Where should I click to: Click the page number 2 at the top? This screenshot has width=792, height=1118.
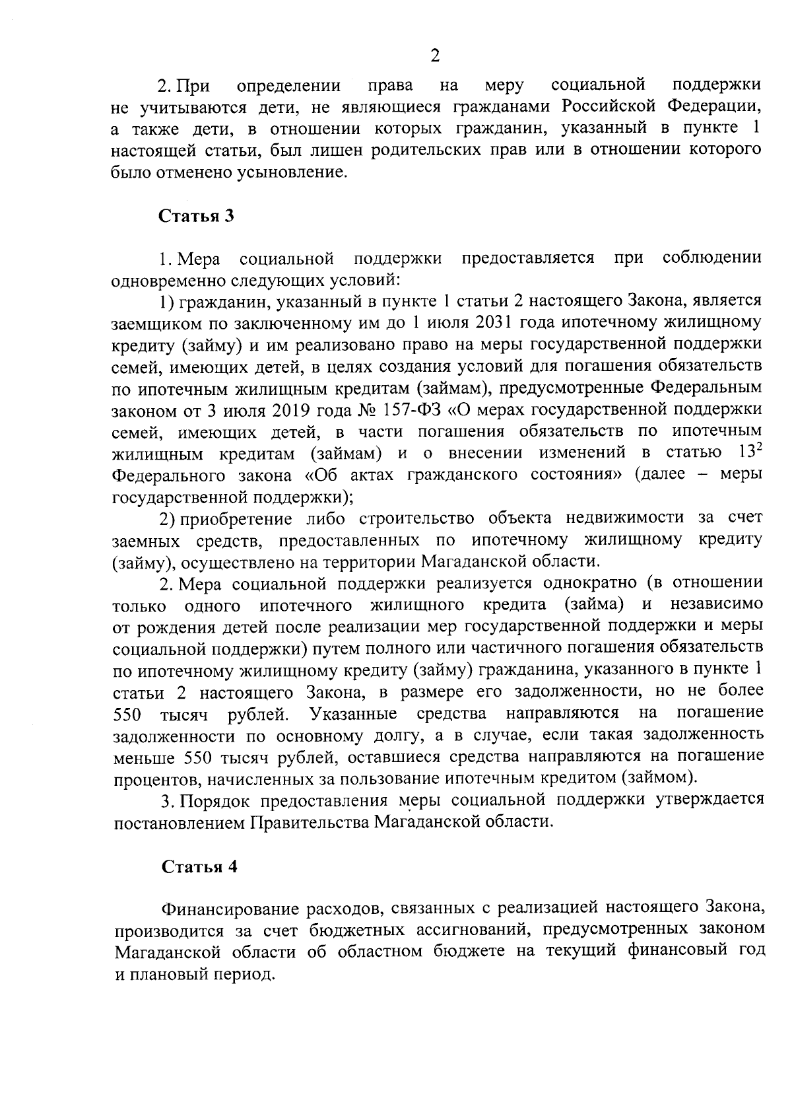tap(434, 55)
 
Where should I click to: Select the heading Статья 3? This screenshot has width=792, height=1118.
tap(196, 217)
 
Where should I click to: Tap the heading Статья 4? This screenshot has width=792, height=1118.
tap(199, 866)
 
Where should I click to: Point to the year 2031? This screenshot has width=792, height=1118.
tap(496, 323)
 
